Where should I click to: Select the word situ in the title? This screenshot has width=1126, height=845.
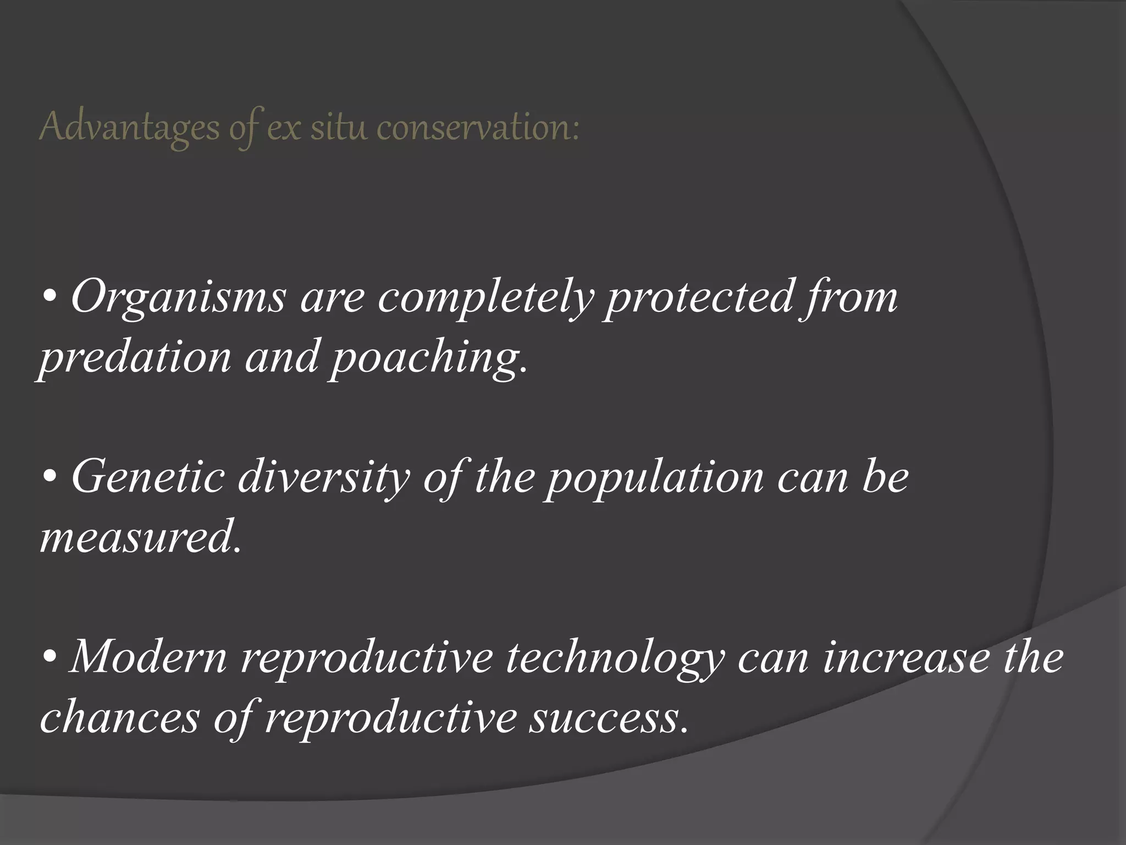pyautogui.click(x=341, y=128)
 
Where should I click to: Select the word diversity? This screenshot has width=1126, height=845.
pyautogui.click(x=324, y=476)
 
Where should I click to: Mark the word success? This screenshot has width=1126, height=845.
pyautogui.click(x=608, y=719)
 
